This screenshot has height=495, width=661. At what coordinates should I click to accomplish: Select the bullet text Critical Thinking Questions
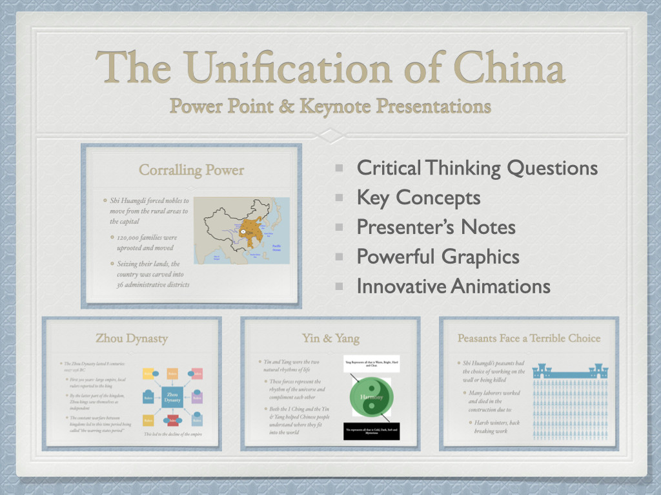477,168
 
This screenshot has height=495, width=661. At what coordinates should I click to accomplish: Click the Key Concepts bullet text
418,198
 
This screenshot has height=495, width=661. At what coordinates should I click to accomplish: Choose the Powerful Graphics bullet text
438,257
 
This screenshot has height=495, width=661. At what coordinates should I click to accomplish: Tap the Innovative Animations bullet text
453,286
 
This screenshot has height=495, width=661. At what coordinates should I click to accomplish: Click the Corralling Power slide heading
192,170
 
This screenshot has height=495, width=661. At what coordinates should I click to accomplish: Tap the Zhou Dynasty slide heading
132,338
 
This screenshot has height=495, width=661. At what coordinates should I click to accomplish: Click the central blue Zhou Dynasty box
172,398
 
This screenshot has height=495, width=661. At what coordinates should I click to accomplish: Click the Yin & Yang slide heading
330,338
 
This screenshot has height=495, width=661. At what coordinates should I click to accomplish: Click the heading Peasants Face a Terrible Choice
529,338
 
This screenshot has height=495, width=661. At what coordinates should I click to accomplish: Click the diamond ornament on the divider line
330,135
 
